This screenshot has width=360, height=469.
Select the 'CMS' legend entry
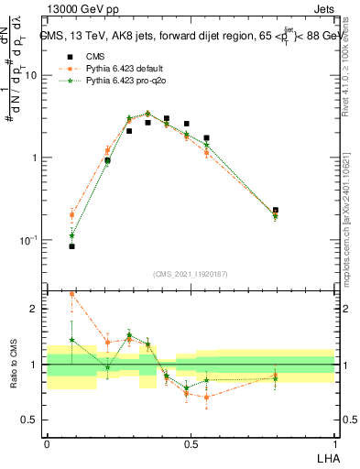pyautogui.click(x=82, y=55)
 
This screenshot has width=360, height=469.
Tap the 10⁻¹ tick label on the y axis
pyautogui.click(x=32, y=240)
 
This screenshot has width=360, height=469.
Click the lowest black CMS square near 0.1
pyautogui.click(x=72, y=246)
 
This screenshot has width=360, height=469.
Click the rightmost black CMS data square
pyautogui.click(x=276, y=210)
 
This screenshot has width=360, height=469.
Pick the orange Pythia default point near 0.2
pyautogui.click(x=107, y=151)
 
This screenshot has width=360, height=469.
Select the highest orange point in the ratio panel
pyautogui.click(x=72, y=294)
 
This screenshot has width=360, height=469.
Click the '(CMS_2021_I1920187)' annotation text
pyautogui.click(x=191, y=274)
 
